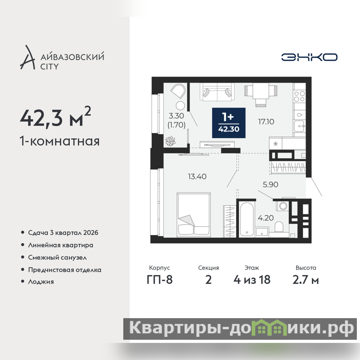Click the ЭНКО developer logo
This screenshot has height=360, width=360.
tap(309, 57)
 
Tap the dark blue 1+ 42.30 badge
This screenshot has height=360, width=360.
tap(229, 123)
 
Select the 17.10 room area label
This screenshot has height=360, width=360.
tap(266, 121)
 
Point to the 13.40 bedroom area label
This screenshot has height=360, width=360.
tap(197, 176)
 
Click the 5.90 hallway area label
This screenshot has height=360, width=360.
tap(270, 184)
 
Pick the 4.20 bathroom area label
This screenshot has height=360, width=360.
tap(265, 218)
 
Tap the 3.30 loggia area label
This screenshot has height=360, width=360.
tap(176, 116)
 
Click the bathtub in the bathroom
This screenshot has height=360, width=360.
tap(247, 219)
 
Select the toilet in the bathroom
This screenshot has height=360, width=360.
tap(279, 227)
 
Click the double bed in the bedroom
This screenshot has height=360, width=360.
tap(194, 215)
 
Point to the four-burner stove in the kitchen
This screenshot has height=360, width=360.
tap(299, 96)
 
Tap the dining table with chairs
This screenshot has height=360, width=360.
tap(261, 94)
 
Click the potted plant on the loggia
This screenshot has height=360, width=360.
tap(171, 141)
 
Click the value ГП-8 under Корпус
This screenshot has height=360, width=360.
tap(160, 280)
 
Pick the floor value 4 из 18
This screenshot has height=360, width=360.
tap(252, 280)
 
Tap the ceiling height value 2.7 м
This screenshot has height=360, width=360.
tap(306, 280)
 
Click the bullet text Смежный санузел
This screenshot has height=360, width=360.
tap(58, 257)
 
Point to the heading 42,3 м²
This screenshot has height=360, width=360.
tap(55, 117)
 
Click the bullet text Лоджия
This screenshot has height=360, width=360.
tap(41, 282)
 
